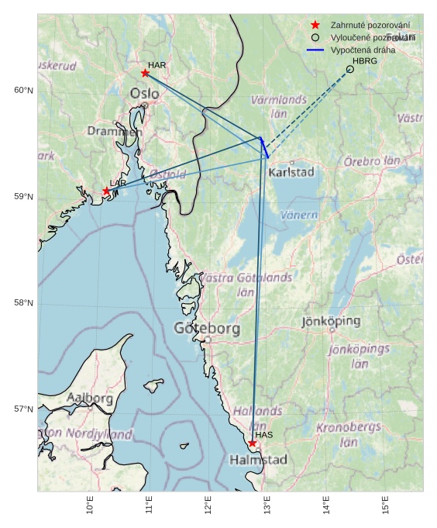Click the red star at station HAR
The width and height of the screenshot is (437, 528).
145,73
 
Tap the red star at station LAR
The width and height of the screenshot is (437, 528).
106,191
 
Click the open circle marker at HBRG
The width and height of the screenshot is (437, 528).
350,69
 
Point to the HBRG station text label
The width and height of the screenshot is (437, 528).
364,60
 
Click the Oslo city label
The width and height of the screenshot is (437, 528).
144,94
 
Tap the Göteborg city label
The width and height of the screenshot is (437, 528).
207,329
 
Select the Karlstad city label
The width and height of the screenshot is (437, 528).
291,172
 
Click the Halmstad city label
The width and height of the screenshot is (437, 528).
258,460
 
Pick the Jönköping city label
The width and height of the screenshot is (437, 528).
331,321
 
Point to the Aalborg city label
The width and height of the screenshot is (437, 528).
90,398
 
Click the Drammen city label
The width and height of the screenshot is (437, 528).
115,132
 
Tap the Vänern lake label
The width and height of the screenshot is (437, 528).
299,215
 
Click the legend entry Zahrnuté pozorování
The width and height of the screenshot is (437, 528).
370,26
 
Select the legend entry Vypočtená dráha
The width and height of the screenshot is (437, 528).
363,50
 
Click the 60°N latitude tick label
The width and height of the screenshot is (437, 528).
24,91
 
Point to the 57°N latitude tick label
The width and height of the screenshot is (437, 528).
24,409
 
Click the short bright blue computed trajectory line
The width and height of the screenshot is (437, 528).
264,147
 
